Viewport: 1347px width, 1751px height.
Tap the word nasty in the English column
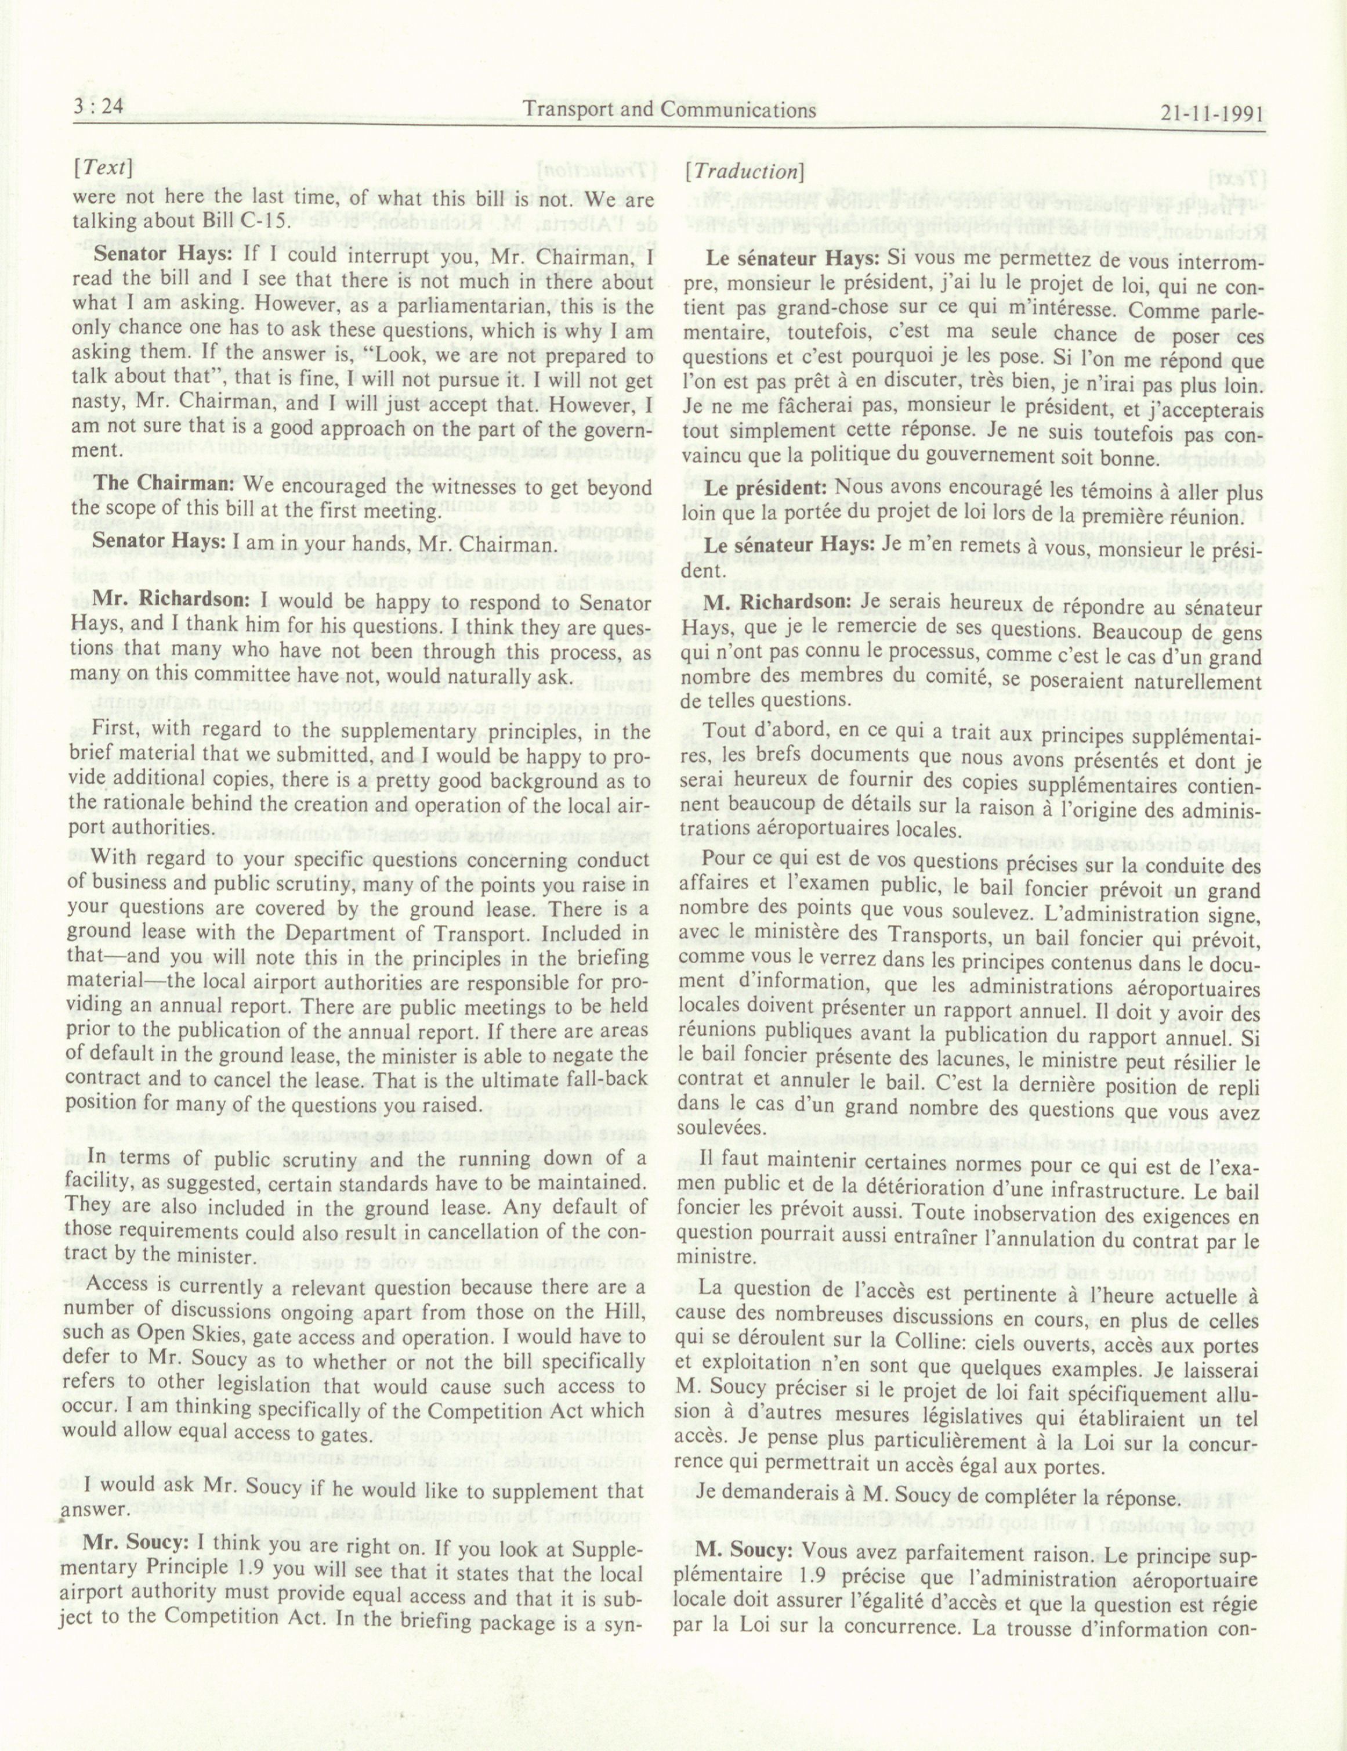point(95,403)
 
